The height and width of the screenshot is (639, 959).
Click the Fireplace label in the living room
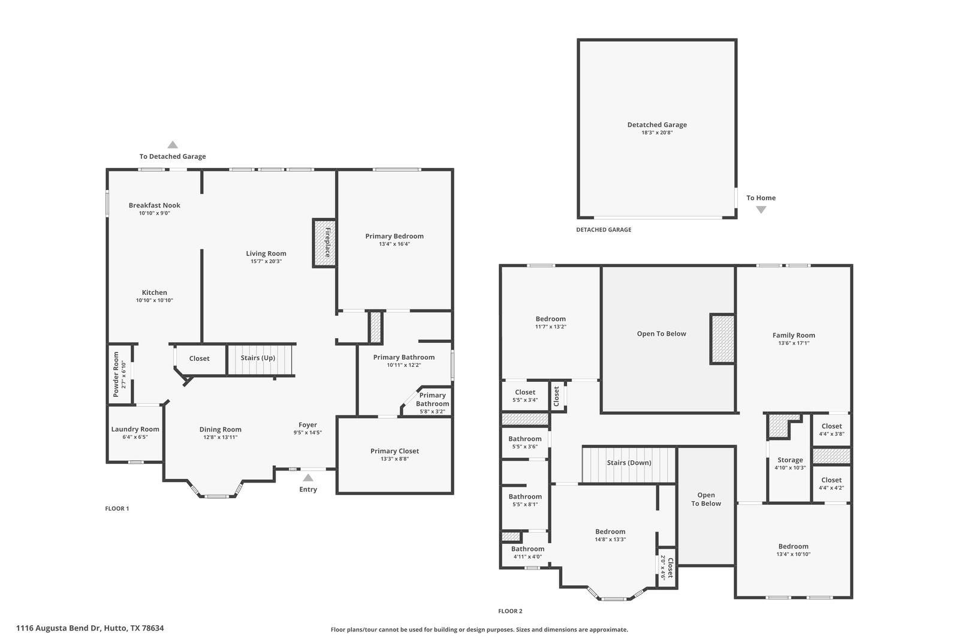pos(328,242)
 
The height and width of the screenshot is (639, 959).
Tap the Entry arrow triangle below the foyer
pos(307,478)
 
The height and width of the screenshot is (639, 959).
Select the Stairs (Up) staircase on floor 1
pos(258,358)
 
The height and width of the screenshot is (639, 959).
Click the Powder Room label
pos(116,374)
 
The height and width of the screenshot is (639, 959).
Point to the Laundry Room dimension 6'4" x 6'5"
pos(135,437)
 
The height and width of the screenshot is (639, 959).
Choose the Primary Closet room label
pos(394,451)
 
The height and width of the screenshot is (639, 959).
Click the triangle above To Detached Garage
pos(173,144)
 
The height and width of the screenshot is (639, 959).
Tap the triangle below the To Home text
pos(761,210)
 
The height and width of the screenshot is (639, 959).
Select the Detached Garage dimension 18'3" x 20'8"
pos(657,132)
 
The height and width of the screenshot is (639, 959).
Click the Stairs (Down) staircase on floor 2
pos(629,463)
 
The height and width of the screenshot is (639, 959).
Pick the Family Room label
pos(794,335)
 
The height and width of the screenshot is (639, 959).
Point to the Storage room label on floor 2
pos(790,460)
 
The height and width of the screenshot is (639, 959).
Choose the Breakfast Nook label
pos(154,205)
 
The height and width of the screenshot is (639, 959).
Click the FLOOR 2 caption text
pos(510,611)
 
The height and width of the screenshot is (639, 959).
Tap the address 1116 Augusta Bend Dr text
pos(90,628)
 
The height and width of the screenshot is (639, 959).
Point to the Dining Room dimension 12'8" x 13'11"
pos(220,437)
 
